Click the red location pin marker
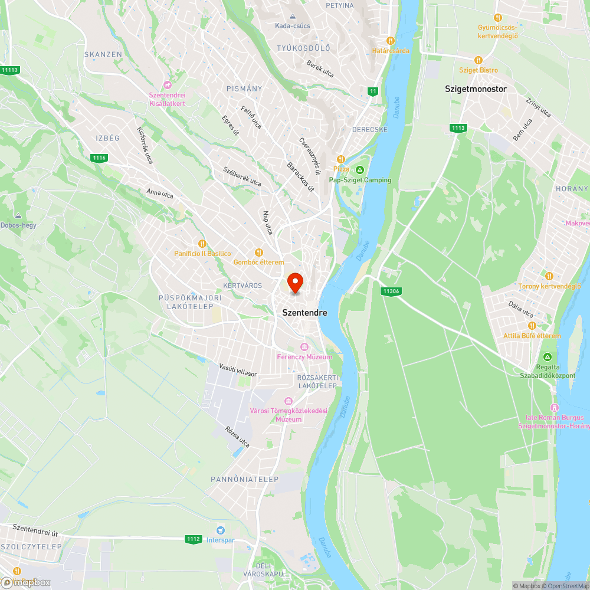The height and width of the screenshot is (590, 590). pyautogui.click(x=294, y=283)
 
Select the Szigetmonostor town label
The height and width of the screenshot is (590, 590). pyautogui.click(x=476, y=89)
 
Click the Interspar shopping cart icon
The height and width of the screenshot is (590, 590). pyautogui.click(x=221, y=530)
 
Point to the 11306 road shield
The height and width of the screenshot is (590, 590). pyautogui.click(x=391, y=291)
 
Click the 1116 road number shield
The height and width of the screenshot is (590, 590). pyautogui.click(x=99, y=158)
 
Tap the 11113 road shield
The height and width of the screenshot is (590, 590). pyautogui.click(x=11, y=70)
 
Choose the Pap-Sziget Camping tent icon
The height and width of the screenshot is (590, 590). pyautogui.click(x=360, y=170)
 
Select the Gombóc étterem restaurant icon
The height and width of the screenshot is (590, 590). pyautogui.click(x=258, y=253)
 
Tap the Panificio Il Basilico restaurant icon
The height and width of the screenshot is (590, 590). pyautogui.click(x=202, y=243)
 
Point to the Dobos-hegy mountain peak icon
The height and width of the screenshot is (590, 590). pyautogui.click(x=18, y=216)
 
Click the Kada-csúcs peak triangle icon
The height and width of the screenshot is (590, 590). pyautogui.click(x=293, y=16)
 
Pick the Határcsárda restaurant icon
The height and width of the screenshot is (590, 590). pyautogui.click(x=390, y=41)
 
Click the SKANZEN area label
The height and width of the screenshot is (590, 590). pyautogui.click(x=103, y=54)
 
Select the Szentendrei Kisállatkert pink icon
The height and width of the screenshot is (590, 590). pyautogui.click(x=167, y=86)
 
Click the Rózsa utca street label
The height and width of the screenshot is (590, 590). pyautogui.click(x=237, y=437)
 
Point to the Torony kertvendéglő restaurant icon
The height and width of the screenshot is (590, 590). pyautogui.click(x=549, y=276)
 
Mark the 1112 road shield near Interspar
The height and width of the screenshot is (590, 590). pyautogui.click(x=193, y=539)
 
